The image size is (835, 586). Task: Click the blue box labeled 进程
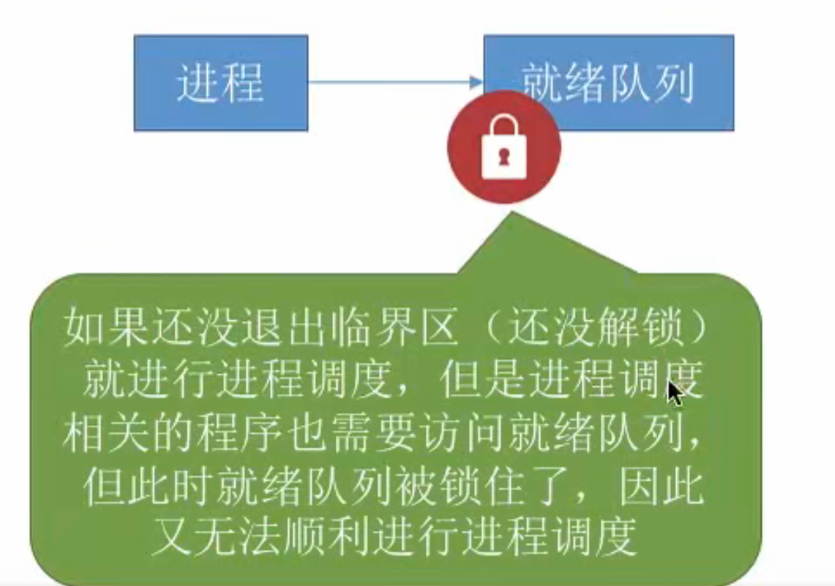(x=220, y=83)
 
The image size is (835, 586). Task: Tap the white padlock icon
(x=503, y=151)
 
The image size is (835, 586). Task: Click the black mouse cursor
(x=675, y=393)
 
